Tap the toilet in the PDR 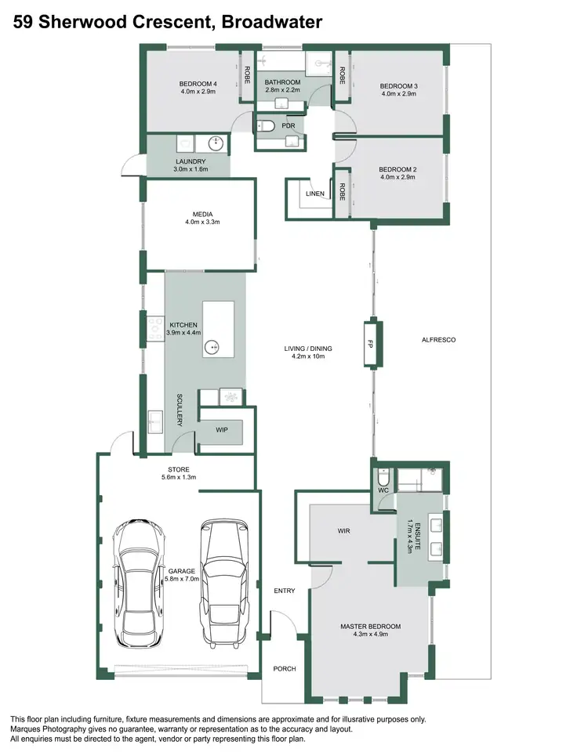coord(267,125)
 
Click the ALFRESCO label coord(438,340)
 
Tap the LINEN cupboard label coord(315,193)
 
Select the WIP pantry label coord(222,429)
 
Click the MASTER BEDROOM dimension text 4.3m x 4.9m coord(370,634)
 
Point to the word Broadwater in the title coord(271,23)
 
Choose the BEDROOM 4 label coord(198,84)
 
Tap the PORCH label coord(284,668)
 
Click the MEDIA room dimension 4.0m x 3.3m coord(203,222)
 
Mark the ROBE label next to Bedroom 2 coord(342,192)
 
